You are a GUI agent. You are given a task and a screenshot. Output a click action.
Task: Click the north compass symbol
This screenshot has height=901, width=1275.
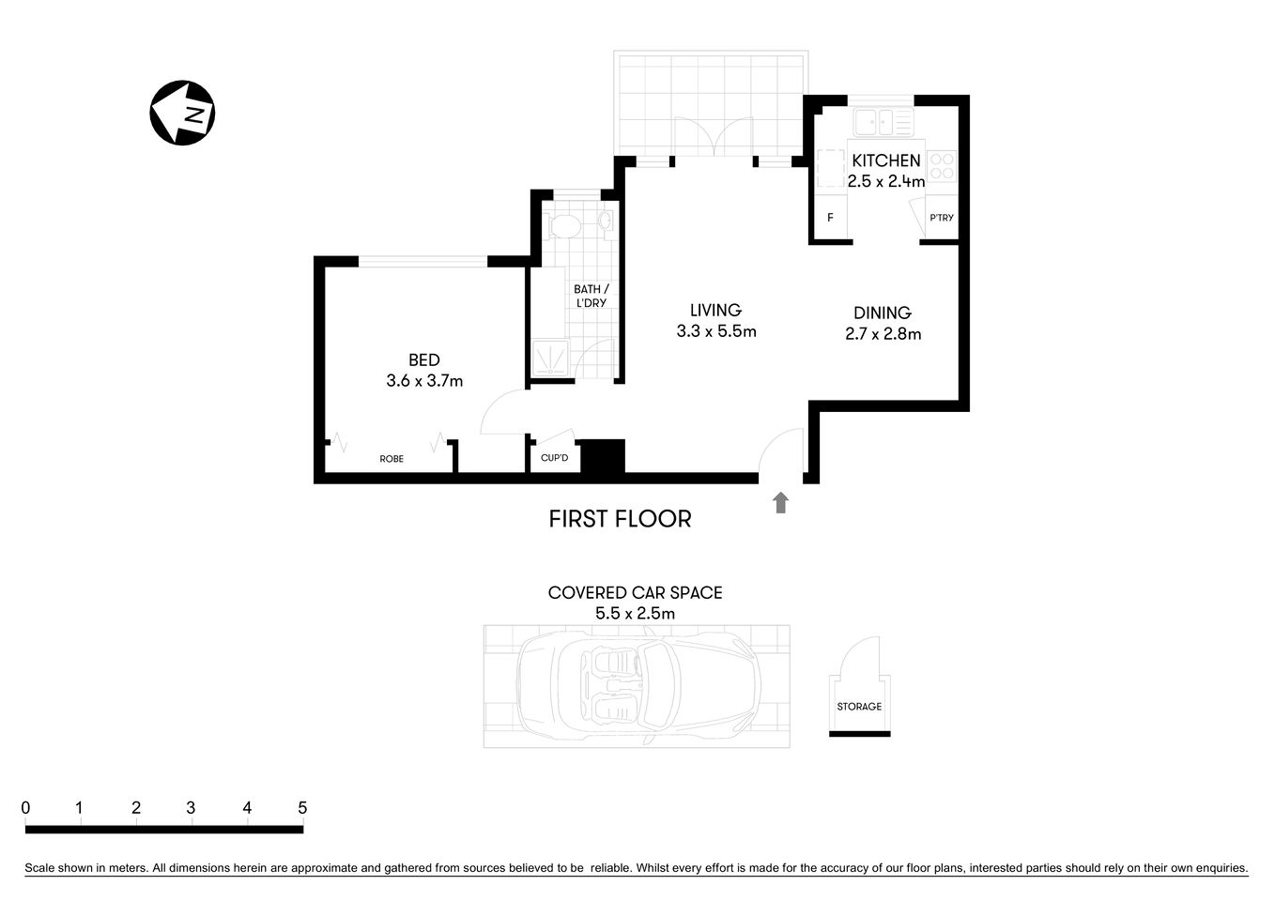click(x=183, y=113)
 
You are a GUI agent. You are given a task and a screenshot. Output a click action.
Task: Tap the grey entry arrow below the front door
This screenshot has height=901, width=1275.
click(x=780, y=503)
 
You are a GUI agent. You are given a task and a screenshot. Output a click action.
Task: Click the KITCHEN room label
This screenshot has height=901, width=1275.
click(x=885, y=160)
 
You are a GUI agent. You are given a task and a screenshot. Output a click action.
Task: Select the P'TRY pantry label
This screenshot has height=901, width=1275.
click(x=941, y=218)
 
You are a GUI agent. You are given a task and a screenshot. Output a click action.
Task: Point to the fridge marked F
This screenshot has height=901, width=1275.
click(x=830, y=218)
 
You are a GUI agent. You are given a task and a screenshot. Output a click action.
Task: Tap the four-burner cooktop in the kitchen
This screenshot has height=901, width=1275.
click(x=943, y=167)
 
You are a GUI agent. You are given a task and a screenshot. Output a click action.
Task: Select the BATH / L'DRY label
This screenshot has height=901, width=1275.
click(x=591, y=296)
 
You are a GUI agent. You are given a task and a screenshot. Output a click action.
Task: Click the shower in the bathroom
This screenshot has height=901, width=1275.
click(x=549, y=359)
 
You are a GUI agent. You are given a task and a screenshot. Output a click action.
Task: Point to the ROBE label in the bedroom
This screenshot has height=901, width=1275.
click(x=392, y=459)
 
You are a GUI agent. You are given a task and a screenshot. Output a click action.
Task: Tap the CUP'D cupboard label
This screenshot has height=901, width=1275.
click(x=555, y=458)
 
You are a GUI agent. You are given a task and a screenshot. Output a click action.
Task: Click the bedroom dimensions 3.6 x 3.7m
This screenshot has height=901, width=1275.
click(x=424, y=381)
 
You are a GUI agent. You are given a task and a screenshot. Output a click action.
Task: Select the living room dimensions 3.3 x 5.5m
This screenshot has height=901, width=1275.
click(x=715, y=331)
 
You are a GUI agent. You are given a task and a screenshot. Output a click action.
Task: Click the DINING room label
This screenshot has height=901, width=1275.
click(x=882, y=313)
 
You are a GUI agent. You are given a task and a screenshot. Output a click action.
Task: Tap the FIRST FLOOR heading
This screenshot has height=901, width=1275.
click(x=620, y=519)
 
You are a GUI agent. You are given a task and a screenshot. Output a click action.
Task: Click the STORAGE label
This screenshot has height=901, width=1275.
click(x=859, y=707)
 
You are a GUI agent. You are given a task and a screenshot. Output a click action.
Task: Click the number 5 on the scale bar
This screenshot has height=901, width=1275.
click(x=302, y=808)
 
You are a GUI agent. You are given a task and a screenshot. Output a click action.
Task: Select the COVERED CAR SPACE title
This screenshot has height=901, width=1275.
click(x=635, y=593)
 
